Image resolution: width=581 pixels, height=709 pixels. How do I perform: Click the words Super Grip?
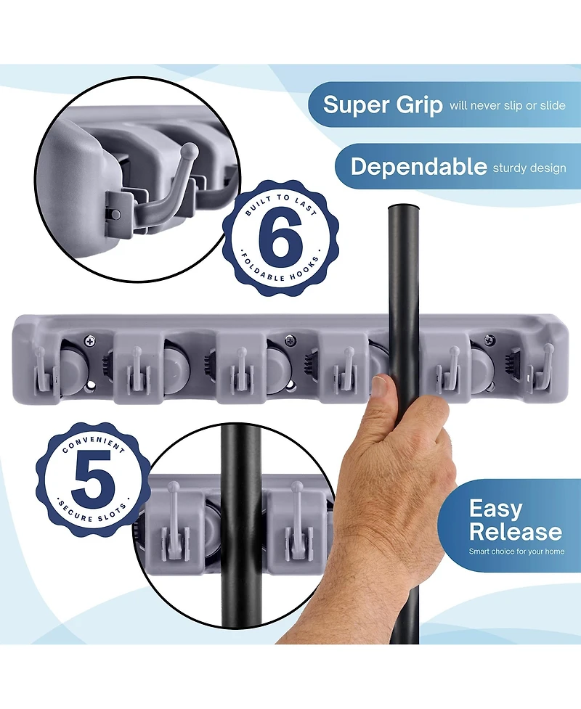coord(383,104)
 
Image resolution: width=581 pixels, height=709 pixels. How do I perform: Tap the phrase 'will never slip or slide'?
coord(507,105)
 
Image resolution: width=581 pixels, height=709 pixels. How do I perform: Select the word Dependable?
coord(418,167)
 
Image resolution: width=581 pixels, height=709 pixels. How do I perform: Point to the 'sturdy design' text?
coord(529,168)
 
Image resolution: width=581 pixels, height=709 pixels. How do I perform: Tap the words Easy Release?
coord(515,520)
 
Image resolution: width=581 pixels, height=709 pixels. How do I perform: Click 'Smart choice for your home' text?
coord(516,552)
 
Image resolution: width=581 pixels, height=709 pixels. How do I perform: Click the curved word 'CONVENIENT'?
coord(93,444)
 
